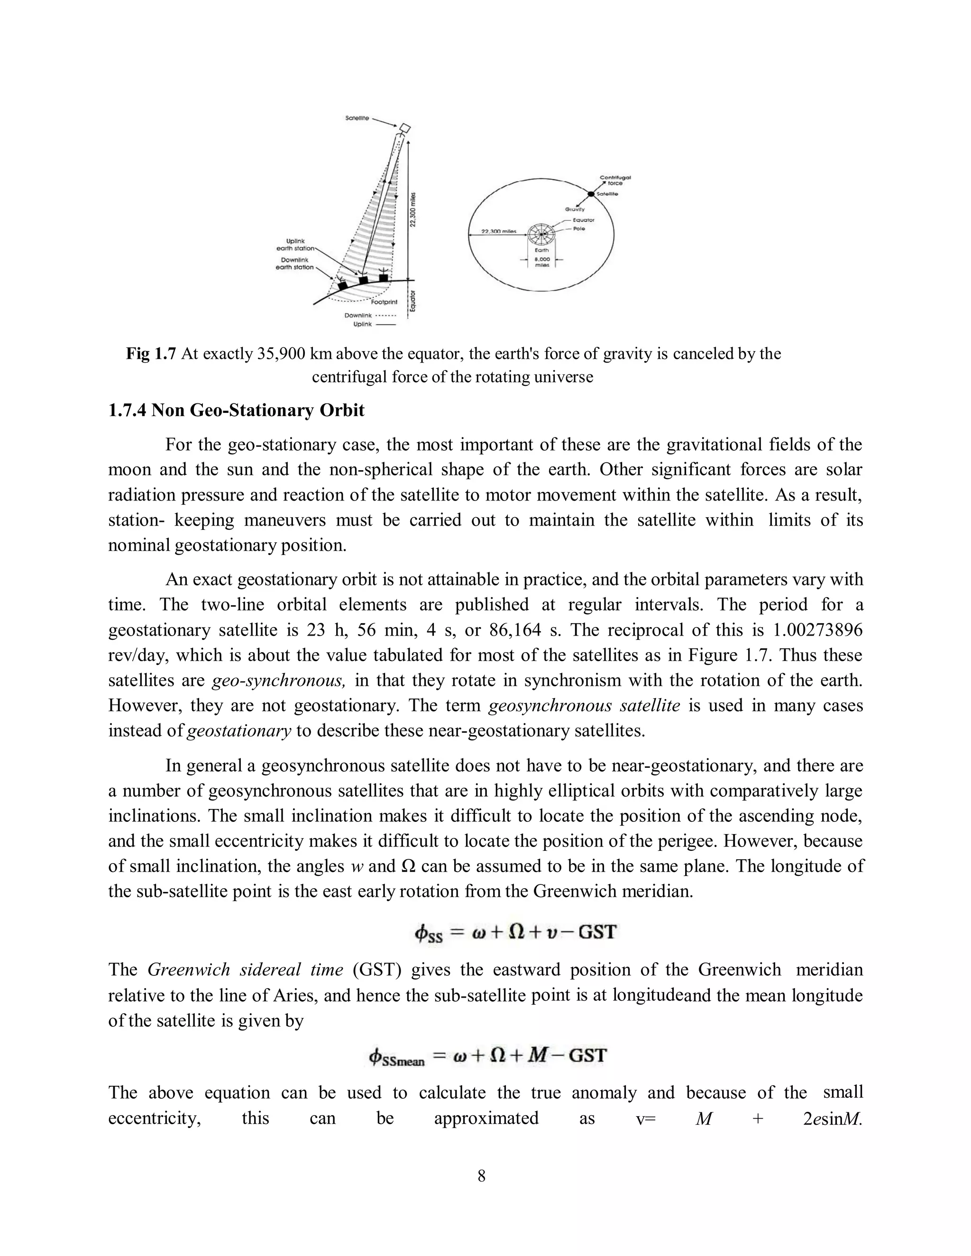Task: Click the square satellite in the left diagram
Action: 405,127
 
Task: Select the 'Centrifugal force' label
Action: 615,180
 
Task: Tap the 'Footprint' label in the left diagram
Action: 384,301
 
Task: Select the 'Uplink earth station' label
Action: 295,245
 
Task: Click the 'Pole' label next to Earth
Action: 579,229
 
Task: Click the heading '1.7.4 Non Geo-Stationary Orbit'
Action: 237,410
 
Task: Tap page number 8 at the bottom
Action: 482,1176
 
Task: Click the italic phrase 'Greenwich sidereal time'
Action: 245,970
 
